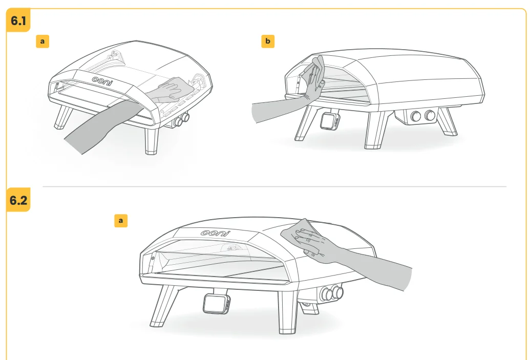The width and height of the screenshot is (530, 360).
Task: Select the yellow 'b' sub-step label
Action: (267, 41)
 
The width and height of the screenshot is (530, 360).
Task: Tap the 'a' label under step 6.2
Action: (121, 220)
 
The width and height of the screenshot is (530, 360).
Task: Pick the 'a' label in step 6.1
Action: (42, 41)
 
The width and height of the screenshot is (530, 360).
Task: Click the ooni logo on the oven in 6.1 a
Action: (103, 80)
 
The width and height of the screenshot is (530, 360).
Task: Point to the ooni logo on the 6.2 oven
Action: (215, 232)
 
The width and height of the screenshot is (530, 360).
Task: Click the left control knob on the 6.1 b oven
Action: (416, 116)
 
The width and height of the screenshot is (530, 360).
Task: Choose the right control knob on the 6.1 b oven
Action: (430, 115)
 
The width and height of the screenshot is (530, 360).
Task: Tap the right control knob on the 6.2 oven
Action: (337, 292)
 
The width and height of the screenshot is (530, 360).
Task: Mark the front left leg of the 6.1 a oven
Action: (62, 117)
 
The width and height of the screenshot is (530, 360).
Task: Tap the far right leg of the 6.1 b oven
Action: (449, 123)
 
